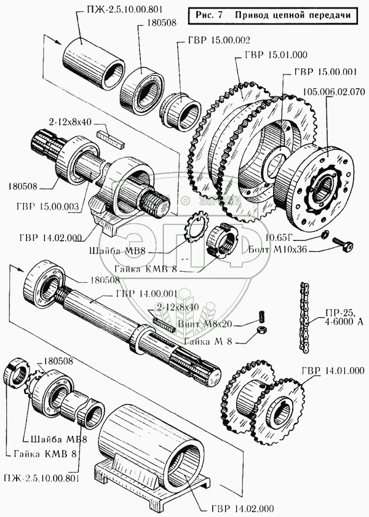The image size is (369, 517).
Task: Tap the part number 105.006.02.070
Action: [x=334, y=92]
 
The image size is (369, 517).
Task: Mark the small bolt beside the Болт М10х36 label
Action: [x=342, y=245]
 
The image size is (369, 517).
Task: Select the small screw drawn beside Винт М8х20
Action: [x=260, y=317]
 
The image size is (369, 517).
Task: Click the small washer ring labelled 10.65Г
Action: [x=325, y=235]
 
